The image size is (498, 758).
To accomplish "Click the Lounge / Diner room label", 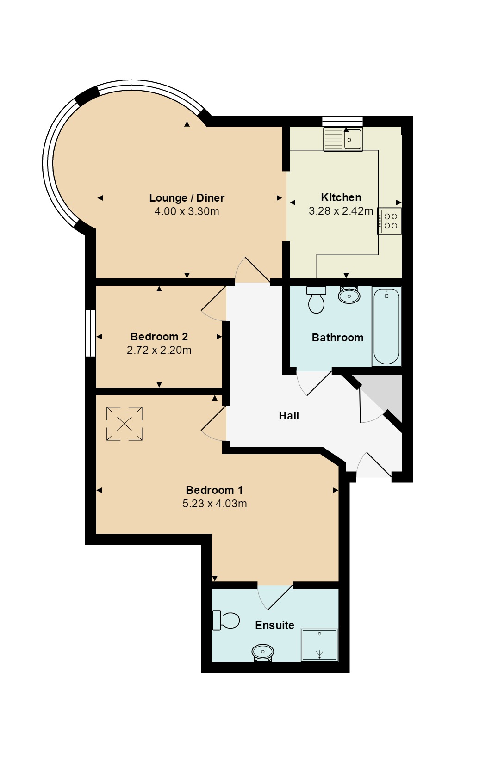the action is (x=187, y=198).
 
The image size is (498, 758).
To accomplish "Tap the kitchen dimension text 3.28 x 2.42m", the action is (x=341, y=211).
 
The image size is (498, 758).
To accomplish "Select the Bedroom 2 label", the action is (x=159, y=337).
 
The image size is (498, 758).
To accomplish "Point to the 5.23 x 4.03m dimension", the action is (x=215, y=504).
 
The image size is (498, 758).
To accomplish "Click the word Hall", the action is (x=289, y=416).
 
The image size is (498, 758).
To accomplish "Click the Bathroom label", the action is (x=337, y=338).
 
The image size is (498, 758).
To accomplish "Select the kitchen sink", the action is (x=343, y=139).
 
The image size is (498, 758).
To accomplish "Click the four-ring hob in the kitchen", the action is (x=389, y=221).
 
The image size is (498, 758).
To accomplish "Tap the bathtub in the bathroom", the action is (x=386, y=326).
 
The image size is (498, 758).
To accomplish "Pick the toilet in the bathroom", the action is (x=316, y=300).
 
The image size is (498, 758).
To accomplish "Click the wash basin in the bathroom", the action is (x=349, y=295).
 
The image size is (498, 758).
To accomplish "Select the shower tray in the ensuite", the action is (x=320, y=645).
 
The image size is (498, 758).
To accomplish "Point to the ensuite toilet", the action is (x=226, y=621).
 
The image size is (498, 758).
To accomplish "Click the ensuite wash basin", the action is (x=263, y=652).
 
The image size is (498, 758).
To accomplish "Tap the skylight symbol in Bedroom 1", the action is (x=124, y=424).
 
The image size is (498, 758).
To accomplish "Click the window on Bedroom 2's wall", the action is (x=90, y=333).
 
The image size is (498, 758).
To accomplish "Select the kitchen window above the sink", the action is (x=342, y=121).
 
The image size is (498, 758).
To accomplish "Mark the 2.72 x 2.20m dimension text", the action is (x=159, y=350).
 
